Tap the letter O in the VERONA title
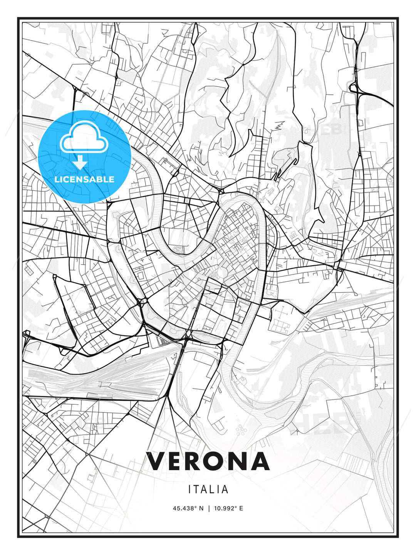pos(210,461)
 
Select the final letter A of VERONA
pos(259,461)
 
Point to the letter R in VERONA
pos(191,461)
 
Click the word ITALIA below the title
pos(208,489)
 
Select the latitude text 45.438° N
pos(188,508)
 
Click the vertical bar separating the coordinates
pos(208,508)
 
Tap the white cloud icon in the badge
pos(83,138)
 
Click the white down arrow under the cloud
pos(80,162)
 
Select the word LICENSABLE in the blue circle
pos(84,179)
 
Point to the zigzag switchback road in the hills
pos(279,125)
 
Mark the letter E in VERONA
pos(173,461)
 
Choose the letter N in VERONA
pos(235,461)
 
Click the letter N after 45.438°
pos(201,508)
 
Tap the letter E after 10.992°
pos(241,508)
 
